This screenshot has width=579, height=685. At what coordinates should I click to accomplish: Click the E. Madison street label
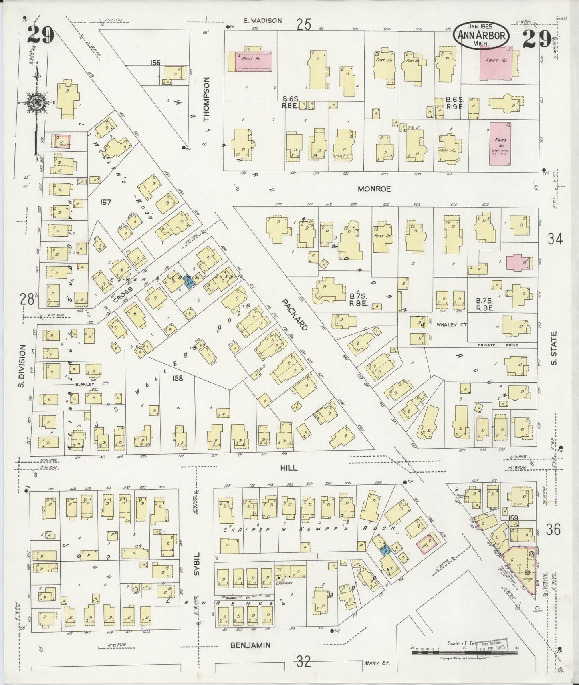click(263, 21)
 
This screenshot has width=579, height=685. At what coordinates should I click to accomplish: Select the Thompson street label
click(206, 99)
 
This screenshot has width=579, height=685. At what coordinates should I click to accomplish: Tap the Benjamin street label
click(250, 645)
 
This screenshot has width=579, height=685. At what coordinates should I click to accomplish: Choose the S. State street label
click(554, 348)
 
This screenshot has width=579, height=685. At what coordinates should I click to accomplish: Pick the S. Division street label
click(22, 366)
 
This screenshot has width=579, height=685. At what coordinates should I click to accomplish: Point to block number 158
click(178, 378)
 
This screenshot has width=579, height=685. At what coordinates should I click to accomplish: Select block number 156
click(155, 62)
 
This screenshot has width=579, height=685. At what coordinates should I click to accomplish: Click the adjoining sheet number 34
click(555, 239)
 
